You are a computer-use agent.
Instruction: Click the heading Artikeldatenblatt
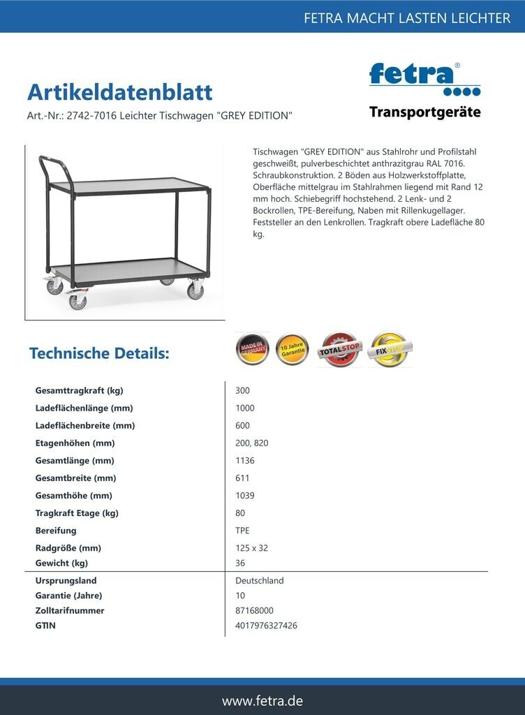[x=119, y=92]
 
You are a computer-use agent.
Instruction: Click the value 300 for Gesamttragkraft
[x=243, y=390]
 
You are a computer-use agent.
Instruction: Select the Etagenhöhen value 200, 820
[x=252, y=443]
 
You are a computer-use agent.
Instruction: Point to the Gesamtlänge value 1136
[x=245, y=460]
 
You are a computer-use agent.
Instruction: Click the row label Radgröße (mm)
[x=68, y=548]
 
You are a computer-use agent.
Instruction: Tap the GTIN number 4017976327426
[x=266, y=626]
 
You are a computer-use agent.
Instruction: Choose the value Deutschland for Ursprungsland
[x=260, y=580]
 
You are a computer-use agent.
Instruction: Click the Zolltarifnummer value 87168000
[x=254, y=610]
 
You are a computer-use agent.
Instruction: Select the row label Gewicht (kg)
[x=61, y=563]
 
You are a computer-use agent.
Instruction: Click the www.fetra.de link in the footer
[x=262, y=700]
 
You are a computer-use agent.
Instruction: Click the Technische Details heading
[x=99, y=353]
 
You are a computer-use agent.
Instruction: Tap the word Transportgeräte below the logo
[x=424, y=112]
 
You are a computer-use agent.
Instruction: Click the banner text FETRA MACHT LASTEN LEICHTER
[x=407, y=18]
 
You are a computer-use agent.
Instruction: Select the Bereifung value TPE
[x=243, y=531]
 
